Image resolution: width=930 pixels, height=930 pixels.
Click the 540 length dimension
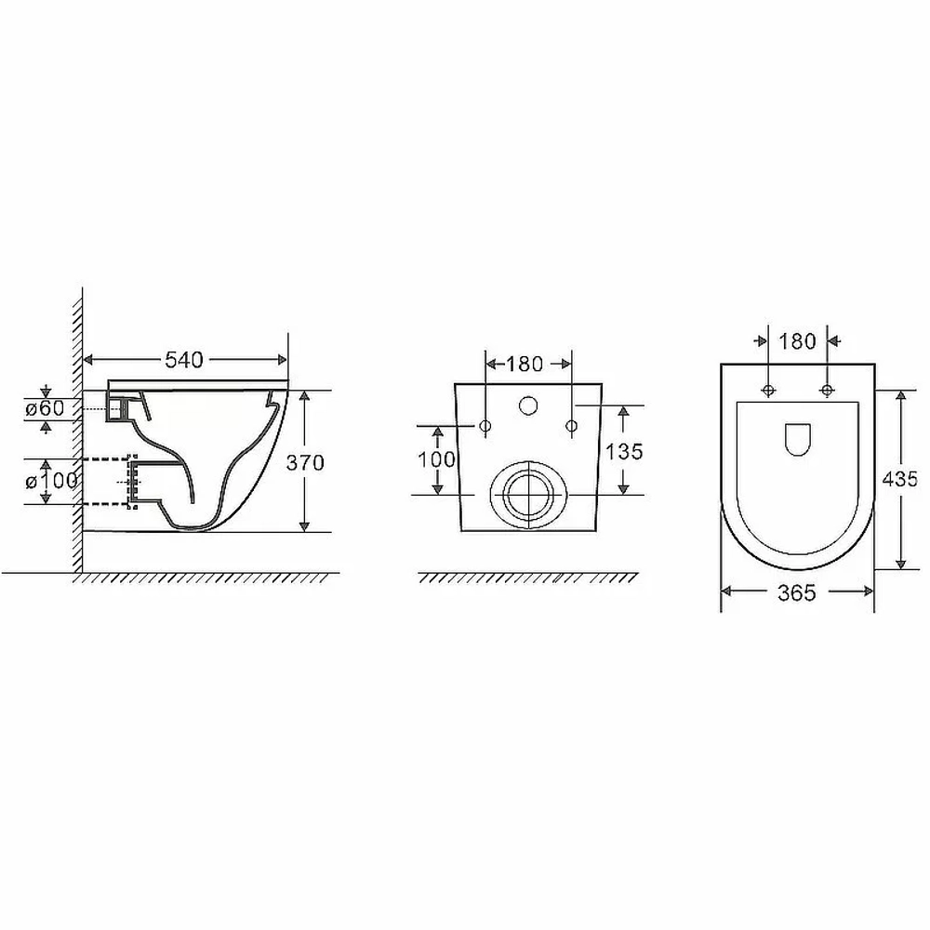pyautogui.click(x=184, y=359)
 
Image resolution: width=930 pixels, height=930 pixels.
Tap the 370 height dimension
pyautogui.click(x=305, y=462)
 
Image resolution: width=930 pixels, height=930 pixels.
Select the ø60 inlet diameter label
pyautogui.click(x=45, y=408)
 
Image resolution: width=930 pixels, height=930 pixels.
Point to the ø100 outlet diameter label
pyautogui.click(x=51, y=481)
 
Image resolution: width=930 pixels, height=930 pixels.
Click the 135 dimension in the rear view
pyautogui.click(x=624, y=451)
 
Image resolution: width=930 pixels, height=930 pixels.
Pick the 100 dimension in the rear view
pyautogui.click(x=437, y=459)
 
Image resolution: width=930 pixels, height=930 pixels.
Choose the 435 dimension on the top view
pyautogui.click(x=900, y=479)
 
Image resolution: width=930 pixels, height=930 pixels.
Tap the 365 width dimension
pyautogui.click(x=797, y=592)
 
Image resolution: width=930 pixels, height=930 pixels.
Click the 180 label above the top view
pyautogui.click(x=797, y=341)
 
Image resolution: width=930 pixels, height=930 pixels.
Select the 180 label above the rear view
pyautogui.click(x=525, y=364)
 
